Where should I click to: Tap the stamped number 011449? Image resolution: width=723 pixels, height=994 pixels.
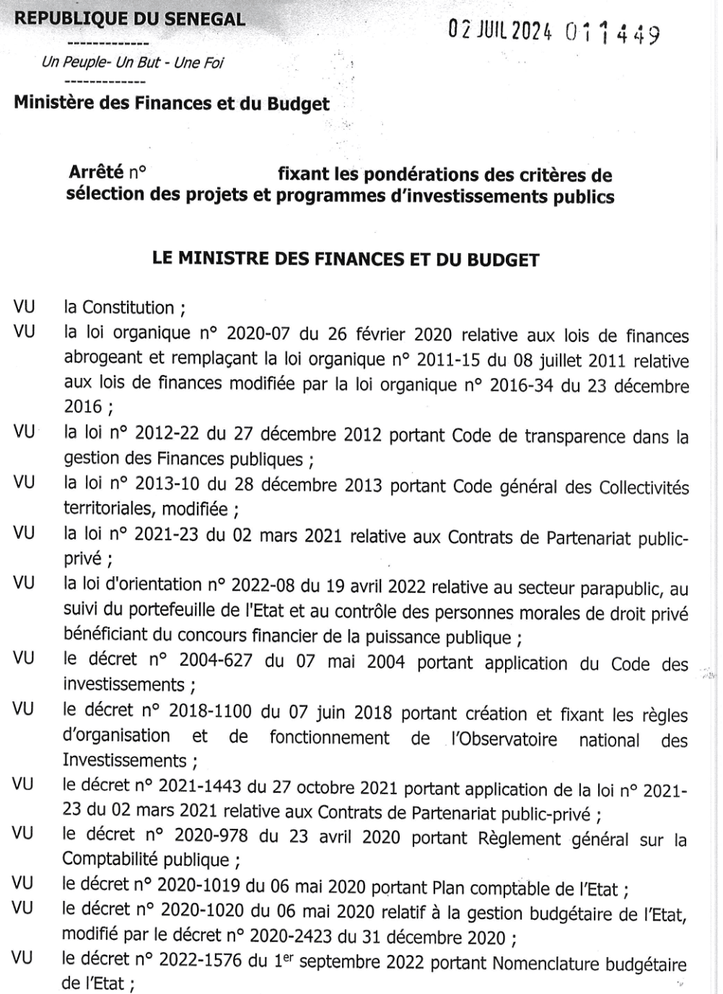pyautogui.click(x=613, y=33)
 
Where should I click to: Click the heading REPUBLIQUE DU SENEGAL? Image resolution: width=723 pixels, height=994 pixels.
pyautogui.click(x=130, y=19)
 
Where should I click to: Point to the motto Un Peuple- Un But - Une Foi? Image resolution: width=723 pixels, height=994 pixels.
pyautogui.click(x=133, y=63)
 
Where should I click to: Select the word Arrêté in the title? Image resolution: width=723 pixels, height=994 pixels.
pyautogui.click(x=97, y=172)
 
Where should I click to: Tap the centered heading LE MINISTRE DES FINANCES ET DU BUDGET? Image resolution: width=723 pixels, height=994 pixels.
pyautogui.click(x=346, y=260)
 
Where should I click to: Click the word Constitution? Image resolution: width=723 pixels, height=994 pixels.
pyautogui.click(x=128, y=308)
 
